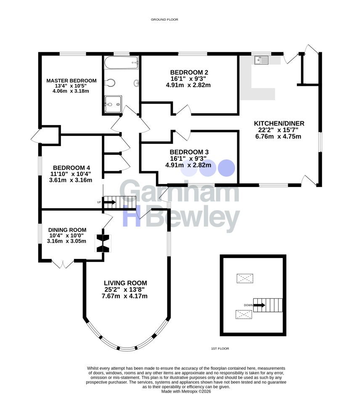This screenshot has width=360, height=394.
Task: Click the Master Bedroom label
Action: [x=71, y=81]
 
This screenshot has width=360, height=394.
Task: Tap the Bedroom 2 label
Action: [x=189, y=72]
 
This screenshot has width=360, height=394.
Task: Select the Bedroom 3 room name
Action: [x=189, y=152]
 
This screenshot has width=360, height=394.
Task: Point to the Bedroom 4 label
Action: [x=71, y=168]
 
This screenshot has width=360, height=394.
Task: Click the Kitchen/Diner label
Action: [x=279, y=123]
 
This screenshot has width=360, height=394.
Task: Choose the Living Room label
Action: [x=125, y=283]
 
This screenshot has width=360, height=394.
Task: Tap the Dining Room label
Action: [x=67, y=230]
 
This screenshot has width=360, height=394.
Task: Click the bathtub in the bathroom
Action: [x=121, y=63]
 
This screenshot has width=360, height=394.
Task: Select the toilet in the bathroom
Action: [x=110, y=83]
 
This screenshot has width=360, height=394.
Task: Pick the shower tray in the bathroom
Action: [x=113, y=104]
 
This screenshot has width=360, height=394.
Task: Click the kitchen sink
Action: [x=261, y=60]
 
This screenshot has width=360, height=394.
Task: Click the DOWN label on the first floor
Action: [x=248, y=305]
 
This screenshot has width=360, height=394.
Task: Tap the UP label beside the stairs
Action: [x=99, y=202]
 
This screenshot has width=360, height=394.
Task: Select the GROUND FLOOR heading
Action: [x=164, y=20]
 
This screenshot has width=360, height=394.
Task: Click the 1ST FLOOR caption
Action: [x=220, y=349]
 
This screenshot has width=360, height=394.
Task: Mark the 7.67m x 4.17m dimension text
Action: [x=124, y=296]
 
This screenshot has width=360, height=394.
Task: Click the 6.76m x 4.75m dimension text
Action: [x=278, y=136]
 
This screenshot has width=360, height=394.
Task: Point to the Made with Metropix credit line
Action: [x=186, y=391]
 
